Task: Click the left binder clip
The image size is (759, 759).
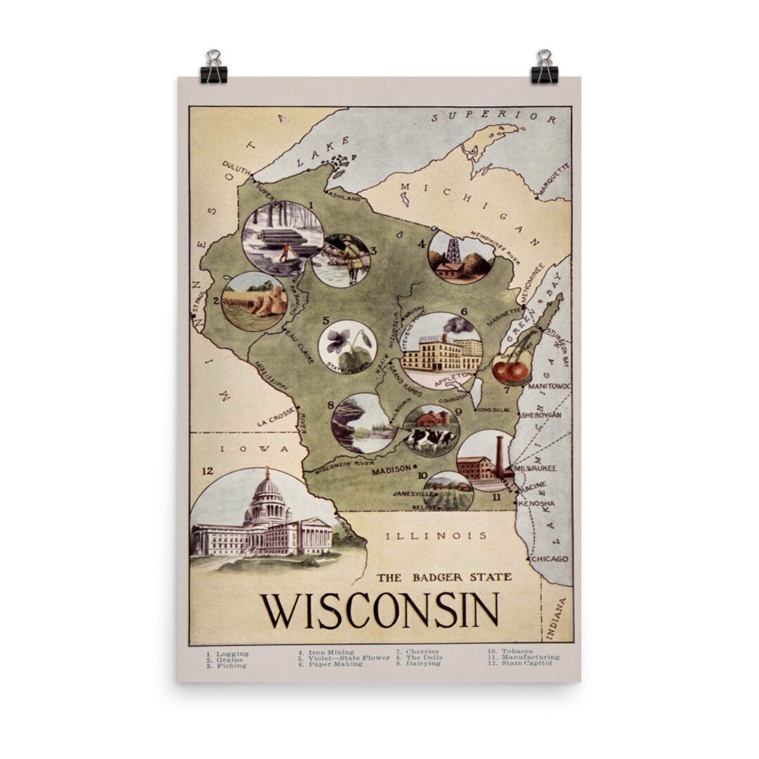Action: pyautogui.click(x=213, y=67)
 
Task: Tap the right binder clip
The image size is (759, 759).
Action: pyautogui.click(x=544, y=67)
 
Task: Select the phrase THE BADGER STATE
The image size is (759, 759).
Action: pyautogui.click(x=443, y=578)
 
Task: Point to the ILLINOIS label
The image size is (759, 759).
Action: pyautogui.click(x=436, y=536)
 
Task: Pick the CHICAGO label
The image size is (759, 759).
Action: pyautogui.click(x=549, y=559)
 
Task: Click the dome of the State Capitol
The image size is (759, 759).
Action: pyautogui.click(x=268, y=487)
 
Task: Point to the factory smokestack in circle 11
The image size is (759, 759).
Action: pyautogui.click(x=498, y=458)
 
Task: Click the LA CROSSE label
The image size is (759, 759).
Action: pyautogui.click(x=275, y=419)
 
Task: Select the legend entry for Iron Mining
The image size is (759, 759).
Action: pyautogui.click(x=325, y=652)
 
